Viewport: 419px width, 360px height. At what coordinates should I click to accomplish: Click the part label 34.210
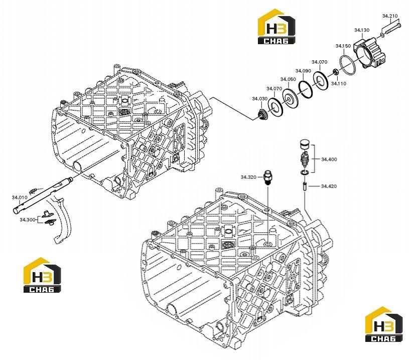pyautogui.click(x=390, y=16)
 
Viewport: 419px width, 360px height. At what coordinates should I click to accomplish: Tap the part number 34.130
pyautogui.click(x=362, y=30)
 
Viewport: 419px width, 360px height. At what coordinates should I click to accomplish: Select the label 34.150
pyautogui.click(x=343, y=46)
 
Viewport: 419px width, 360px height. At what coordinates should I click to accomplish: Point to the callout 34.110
pyautogui.click(x=339, y=83)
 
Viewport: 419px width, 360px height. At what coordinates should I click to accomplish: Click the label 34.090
pyautogui.click(x=303, y=71)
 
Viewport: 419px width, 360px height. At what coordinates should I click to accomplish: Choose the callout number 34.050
pyautogui.click(x=289, y=79)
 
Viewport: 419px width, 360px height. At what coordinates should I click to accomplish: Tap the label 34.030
pyautogui.click(x=260, y=99)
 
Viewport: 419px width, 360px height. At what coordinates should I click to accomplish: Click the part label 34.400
pyautogui.click(x=329, y=159)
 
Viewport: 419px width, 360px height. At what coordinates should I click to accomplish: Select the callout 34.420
pyautogui.click(x=329, y=186)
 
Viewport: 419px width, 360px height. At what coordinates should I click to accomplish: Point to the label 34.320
pyautogui.click(x=248, y=177)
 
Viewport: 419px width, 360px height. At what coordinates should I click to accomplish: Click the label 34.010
pyautogui.click(x=20, y=198)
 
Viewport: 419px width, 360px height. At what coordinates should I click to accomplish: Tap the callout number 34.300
pyautogui.click(x=28, y=219)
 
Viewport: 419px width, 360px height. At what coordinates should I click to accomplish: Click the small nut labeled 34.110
pyautogui.click(x=335, y=72)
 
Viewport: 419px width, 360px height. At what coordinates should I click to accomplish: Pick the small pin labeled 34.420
pyautogui.click(x=305, y=186)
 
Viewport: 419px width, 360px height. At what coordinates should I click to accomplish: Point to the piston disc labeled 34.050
pyautogui.click(x=290, y=99)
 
